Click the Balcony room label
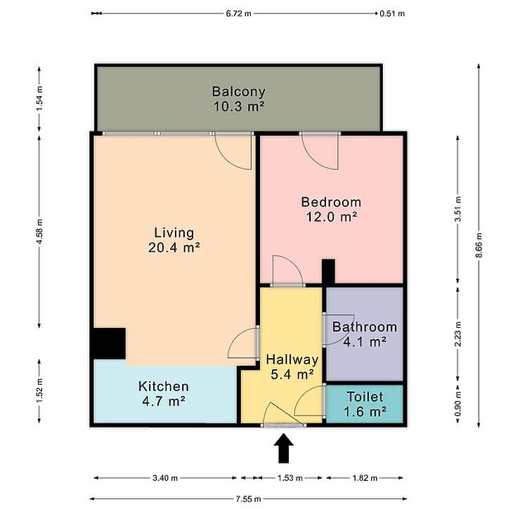coord(238,91)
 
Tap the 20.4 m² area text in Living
coord(174,247)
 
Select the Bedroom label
coord(331,202)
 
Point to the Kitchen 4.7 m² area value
coord(164,401)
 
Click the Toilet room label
coord(365,397)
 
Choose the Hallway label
coord(292,359)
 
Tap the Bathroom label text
coord(365,327)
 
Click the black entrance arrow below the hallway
coord(284,448)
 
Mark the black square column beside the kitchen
coord(109,343)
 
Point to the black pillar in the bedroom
coord(328,271)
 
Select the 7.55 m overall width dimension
coord(248,499)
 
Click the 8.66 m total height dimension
coord(479,245)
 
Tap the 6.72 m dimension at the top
coord(238,13)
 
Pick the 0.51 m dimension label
coord(392,13)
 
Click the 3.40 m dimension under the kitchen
coord(165,478)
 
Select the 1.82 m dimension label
coord(365,478)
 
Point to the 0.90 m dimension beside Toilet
coord(458,404)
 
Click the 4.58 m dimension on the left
coord(39,232)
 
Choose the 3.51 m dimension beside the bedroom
coord(458,209)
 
